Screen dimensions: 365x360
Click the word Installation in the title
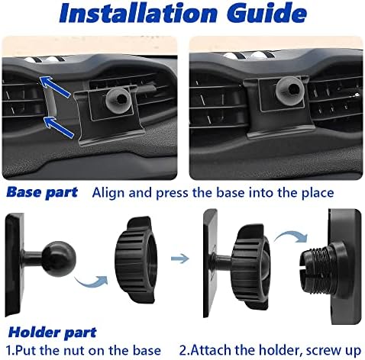point(139,14)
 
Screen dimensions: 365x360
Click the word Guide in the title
point(266,14)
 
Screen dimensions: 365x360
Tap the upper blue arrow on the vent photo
point(55,86)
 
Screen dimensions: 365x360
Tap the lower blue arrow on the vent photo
point(60,127)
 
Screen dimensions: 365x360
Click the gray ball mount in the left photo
point(118,99)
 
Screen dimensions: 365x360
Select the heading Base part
point(42,192)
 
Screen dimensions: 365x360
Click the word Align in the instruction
point(109,193)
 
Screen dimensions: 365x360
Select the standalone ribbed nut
point(135,259)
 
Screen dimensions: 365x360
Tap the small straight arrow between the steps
point(180,259)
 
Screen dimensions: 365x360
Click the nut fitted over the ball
point(250,266)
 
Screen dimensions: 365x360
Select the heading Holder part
point(53,333)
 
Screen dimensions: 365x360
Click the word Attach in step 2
point(211,350)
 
